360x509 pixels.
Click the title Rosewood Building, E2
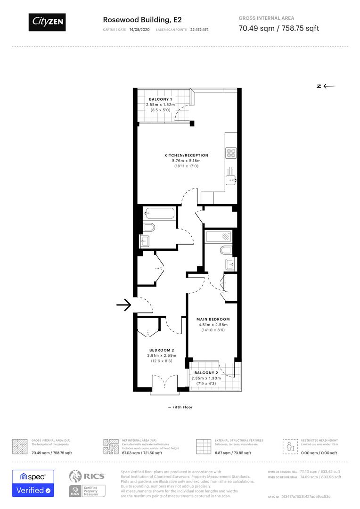(136, 20)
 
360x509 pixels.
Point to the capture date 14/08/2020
(139, 29)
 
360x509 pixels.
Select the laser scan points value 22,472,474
(199, 29)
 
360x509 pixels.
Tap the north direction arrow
(326, 86)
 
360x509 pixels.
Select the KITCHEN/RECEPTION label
(186, 156)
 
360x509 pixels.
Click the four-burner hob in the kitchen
(231, 153)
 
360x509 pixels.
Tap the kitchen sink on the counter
(231, 179)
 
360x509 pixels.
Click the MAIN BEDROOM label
(213, 320)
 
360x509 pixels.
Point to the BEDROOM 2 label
(162, 350)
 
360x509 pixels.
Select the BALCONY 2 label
(206, 373)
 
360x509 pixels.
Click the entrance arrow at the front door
(123, 305)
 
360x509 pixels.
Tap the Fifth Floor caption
(181, 407)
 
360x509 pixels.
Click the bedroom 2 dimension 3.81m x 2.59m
(162, 355)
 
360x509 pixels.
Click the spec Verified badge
(33, 484)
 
